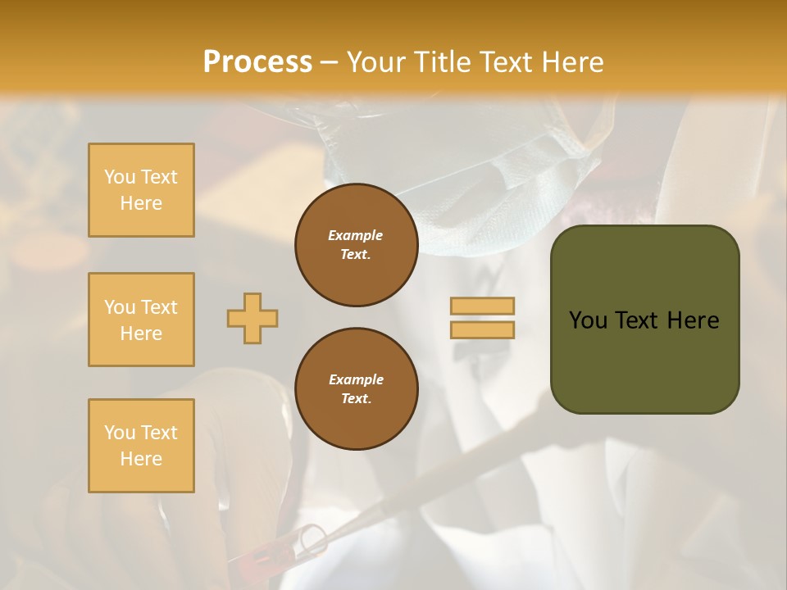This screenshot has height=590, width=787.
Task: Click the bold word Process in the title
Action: point(257,62)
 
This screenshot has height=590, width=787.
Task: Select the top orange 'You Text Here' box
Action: point(141,190)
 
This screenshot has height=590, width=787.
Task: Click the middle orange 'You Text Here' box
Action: point(141,320)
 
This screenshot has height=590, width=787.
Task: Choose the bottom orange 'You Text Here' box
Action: point(141,446)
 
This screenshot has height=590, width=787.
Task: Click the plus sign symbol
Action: point(252,318)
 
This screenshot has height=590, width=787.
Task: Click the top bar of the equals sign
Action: point(482,306)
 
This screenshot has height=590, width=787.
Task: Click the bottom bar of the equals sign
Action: point(482,329)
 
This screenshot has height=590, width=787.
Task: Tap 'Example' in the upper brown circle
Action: point(356,235)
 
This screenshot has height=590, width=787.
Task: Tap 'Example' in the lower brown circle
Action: point(356,379)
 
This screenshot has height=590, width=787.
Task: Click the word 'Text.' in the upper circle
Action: point(356,254)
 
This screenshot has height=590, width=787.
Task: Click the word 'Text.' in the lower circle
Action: point(356,398)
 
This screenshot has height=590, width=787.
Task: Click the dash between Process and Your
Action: point(329,63)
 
